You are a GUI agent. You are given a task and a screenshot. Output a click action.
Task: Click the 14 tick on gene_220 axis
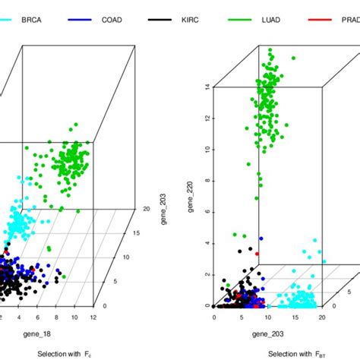click(207, 87)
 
